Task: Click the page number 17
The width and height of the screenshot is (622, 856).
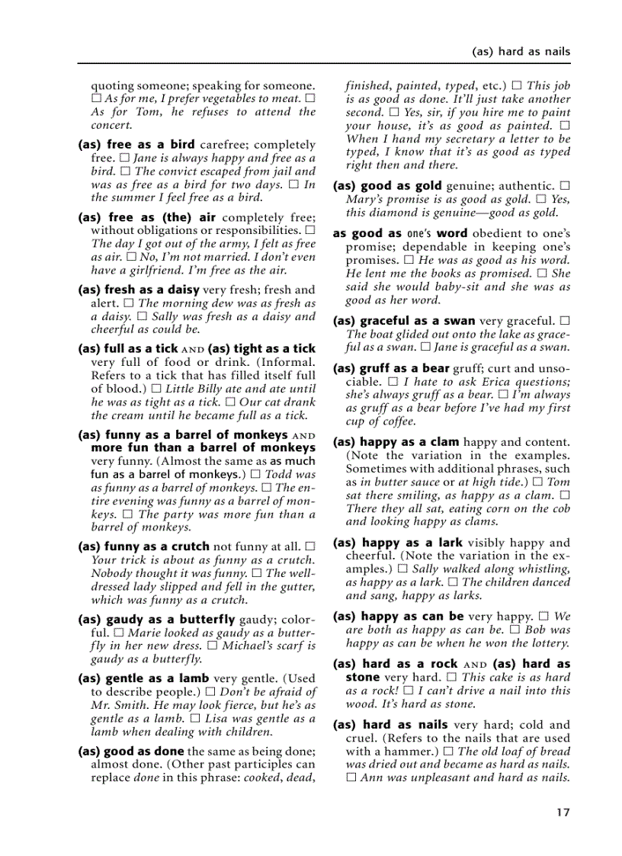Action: click(563, 813)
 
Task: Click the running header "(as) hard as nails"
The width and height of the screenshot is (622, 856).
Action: click(521, 52)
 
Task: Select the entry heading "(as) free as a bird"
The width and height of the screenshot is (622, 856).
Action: click(136, 144)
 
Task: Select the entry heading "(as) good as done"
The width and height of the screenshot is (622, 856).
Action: click(131, 752)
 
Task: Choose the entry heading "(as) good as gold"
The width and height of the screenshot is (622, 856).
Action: click(387, 186)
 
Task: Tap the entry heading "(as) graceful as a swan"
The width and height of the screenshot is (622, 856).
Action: click(404, 321)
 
